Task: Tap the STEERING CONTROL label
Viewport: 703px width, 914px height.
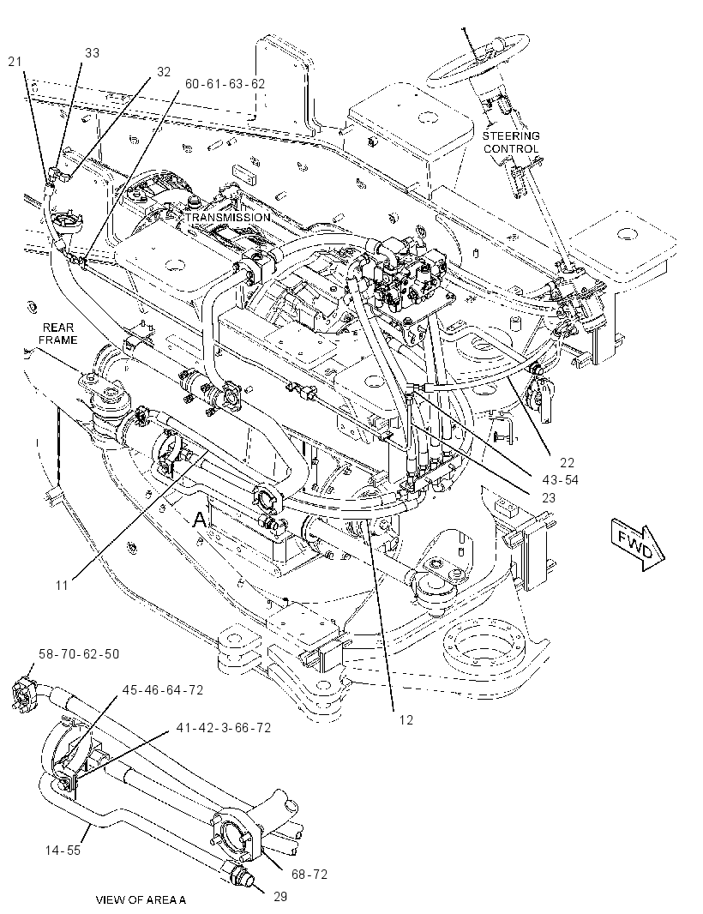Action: tap(511, 142)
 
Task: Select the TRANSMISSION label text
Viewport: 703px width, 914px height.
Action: tap(228, 218)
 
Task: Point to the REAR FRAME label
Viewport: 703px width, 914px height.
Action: tap(58, 334)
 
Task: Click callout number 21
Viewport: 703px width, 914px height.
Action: tap(15, 61)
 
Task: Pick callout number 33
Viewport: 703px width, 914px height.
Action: tap(92, 52)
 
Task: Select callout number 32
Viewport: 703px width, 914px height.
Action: tap(164, 72)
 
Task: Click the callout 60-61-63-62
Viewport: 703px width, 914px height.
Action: tap(225, 83)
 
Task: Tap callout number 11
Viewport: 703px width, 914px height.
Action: tap(62, 586)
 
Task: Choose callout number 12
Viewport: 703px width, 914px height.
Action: tap(406, 720)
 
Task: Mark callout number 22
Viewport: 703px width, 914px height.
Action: tap(568, 463)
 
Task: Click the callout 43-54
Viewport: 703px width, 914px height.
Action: tap(560, 480)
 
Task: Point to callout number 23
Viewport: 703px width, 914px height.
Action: tap(549, 498)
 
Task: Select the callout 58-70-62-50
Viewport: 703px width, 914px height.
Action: tap(79, 654)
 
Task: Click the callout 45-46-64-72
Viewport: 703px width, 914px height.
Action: tap(163, 690)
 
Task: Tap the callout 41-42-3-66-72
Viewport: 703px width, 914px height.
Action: tap(224, 728)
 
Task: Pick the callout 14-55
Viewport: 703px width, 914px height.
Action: tap(63, 851)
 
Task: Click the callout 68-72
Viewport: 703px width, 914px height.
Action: tap(309, 875)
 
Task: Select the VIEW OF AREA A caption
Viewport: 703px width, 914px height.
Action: tap(141, 900)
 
